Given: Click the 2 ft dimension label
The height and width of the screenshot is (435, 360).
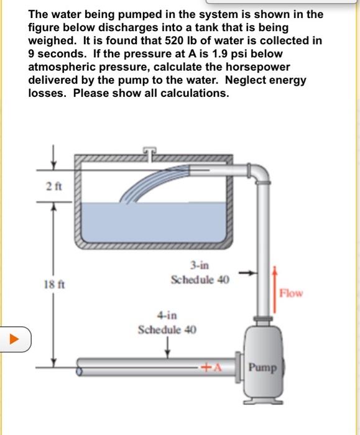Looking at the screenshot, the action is pos(54,186).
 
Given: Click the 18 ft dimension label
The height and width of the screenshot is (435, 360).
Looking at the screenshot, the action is pos(54,285).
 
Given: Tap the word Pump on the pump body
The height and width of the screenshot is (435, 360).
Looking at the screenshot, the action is pos(262,368).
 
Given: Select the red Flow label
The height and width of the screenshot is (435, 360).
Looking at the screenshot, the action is pos(291,293).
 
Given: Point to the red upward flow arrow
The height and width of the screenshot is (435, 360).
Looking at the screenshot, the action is pos(275,290).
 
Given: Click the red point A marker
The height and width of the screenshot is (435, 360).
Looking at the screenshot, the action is pos(212,367).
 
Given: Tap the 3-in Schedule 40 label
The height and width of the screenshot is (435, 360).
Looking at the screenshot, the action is pos(200,272).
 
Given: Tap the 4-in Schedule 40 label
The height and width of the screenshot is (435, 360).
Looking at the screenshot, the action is pos(167,323).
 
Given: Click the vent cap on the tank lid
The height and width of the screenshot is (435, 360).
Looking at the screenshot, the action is pos(150,152).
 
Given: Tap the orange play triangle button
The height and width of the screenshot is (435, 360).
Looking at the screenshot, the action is pos(14,339).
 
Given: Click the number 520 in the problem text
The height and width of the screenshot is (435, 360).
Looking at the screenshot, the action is pos(174,40).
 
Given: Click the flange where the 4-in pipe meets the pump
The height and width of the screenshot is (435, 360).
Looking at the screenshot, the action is pos(238,367).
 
